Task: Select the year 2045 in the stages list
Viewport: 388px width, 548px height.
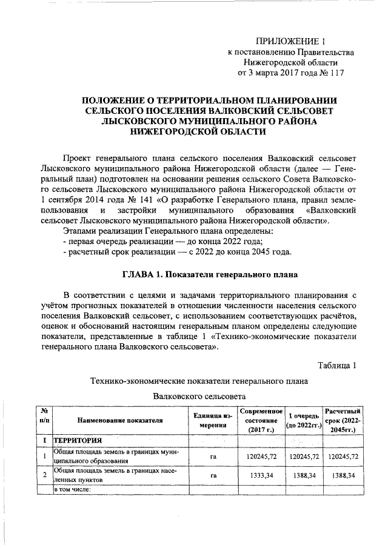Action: [x=261, y=251]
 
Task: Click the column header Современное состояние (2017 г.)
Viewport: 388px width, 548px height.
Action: [x=261, y=420]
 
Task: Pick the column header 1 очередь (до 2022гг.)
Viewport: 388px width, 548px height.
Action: [x=304, y=420]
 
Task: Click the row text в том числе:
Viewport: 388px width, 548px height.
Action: [x=72, y=489]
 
